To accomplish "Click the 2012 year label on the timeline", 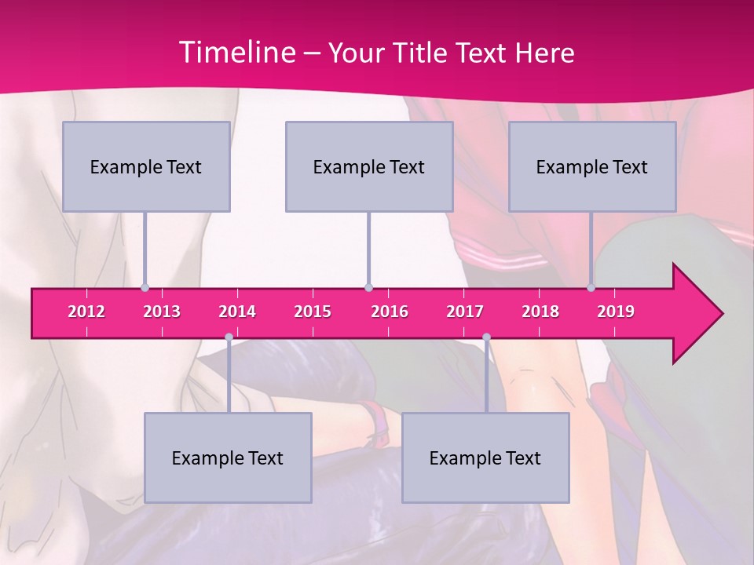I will point(86,312).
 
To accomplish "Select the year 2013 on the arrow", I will point(162,312).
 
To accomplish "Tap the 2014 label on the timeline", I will point(237,312).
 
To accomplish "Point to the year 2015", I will point(313,312).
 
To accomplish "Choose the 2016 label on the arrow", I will point(390,312).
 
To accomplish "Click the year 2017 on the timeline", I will point(465,312).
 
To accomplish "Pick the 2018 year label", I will point(540,312).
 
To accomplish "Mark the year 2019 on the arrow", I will point(616,312).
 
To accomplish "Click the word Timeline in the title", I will point(236,53).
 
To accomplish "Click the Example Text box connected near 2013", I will point(146,166).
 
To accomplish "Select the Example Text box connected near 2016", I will point(369,166).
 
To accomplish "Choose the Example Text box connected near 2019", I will point(592,166).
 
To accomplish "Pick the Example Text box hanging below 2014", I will point(228,457).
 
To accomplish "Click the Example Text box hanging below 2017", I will point(485,457).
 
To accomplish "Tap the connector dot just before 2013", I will point(145,287).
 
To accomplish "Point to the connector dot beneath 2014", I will point(229,337).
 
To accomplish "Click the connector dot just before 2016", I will point(368,287).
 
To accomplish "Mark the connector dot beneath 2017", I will point(486,337).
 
